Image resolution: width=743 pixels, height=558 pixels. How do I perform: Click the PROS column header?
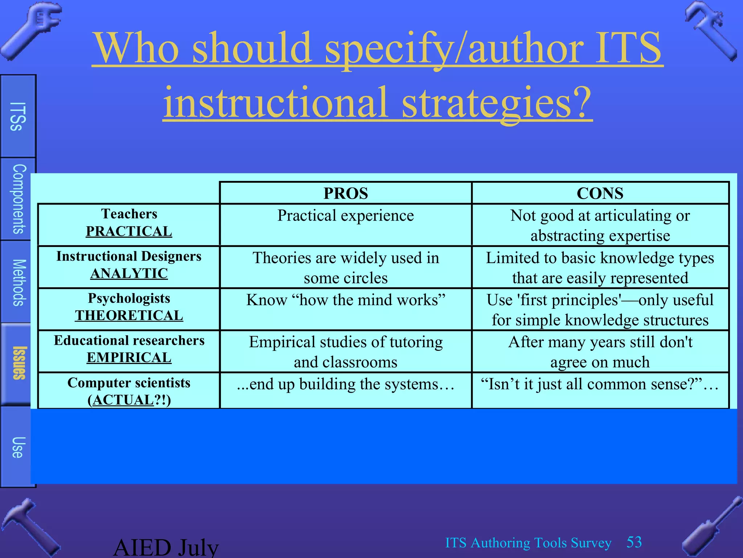click(x=345, y=193)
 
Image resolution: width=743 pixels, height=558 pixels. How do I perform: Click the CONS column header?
click(x=600, y=193)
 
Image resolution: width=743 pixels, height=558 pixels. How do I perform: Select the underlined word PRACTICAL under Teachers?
click(x=129, y=231)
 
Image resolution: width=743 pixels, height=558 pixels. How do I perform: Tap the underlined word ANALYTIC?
click(x=129, y=274)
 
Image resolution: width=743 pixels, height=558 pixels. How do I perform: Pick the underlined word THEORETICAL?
click(x=129, y=316)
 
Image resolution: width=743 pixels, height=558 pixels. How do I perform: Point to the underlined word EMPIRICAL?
click(x=129, y=358)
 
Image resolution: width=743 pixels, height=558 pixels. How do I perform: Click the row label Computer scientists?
click(x=129, y=383)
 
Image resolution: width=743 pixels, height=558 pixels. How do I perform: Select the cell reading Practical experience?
click(x=345, y=216)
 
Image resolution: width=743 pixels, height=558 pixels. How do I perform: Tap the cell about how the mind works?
click(x=345, y=300)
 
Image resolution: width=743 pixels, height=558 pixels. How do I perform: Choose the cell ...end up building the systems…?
click(x=345, y=384)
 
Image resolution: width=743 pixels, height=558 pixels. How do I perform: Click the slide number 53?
click(x=634, y=542)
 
